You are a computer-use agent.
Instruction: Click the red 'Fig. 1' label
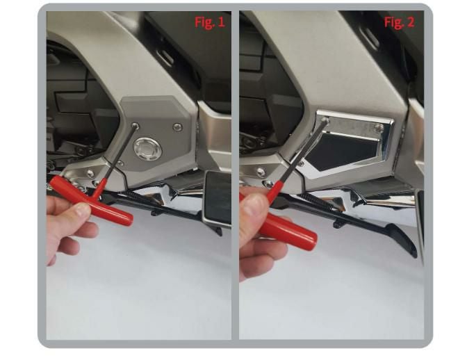point(210,22)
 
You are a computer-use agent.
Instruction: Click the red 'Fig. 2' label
point(399,22)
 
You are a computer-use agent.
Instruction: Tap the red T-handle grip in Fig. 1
point(91,202)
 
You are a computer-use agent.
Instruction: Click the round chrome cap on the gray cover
point(147,149)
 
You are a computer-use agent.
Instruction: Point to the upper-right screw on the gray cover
point(178,127)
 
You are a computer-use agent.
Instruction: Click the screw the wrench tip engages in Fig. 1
point(136,126)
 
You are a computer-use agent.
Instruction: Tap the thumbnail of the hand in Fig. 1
point(83,210)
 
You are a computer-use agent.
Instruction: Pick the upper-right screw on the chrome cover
point(379,128)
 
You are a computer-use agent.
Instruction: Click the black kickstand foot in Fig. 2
point(402,240)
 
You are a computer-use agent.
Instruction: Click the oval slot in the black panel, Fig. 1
point(165,58)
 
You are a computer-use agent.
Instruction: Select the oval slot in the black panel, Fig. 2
point(369,38)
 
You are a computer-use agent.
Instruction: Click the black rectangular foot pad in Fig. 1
point(217,198)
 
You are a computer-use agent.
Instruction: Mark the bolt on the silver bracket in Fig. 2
point(261,172)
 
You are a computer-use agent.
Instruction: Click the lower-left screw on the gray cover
point(120,163)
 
